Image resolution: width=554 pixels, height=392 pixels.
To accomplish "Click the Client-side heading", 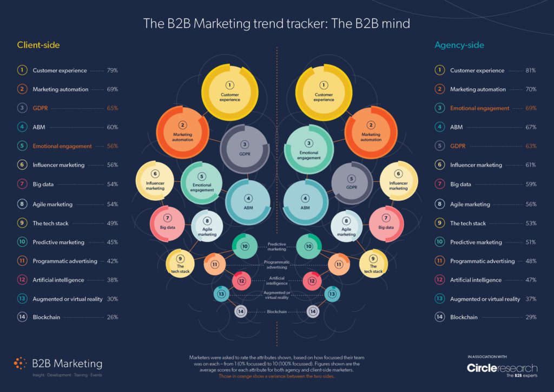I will pyautogui.click(x=38, y=45).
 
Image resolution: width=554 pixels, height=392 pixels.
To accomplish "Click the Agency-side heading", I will pyautogui.click(x=459, y=45).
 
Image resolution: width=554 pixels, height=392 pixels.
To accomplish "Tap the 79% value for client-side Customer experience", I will pyautogui.click(x=113, y=70).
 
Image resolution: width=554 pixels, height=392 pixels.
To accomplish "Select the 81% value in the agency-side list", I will pyautogui.click(x=531, y=70).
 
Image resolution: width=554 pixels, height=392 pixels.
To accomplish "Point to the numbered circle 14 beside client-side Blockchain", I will pyautogui.click(x=22, y=317).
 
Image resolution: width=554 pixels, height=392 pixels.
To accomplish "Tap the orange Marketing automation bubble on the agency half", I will pyautogui.click(x=371, y=133).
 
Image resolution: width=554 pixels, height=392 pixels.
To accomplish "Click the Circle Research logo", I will pyautogui.click(x=502, y=369).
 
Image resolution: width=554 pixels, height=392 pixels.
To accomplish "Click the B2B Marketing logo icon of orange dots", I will pyautogui.click(x=20, y=363).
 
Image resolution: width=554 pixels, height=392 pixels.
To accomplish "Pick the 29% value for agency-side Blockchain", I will pyautogui.click(x=531, y=317).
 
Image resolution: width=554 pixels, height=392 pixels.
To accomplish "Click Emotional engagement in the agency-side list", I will pyautogui.click(x=479, y=108).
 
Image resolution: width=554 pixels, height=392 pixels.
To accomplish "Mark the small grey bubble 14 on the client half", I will pyautogui.click(x=241, y=311).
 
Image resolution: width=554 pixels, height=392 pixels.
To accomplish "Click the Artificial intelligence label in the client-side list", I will pyautogui.click(x=58, y=280).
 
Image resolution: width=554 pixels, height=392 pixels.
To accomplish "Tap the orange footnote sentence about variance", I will pyautogui.click(x=276, y=376).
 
